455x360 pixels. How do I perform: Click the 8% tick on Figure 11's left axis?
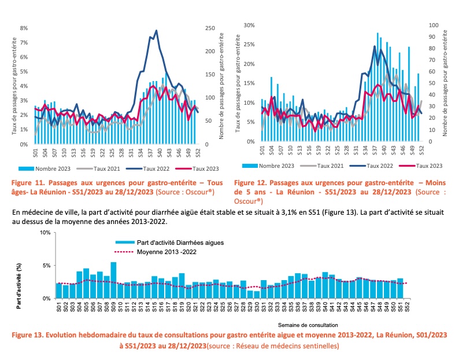click(x=24, y=28)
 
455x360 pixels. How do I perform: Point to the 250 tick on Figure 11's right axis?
click(x=210, y=28)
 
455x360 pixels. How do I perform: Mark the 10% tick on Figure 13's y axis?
click(x=44, y=233)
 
